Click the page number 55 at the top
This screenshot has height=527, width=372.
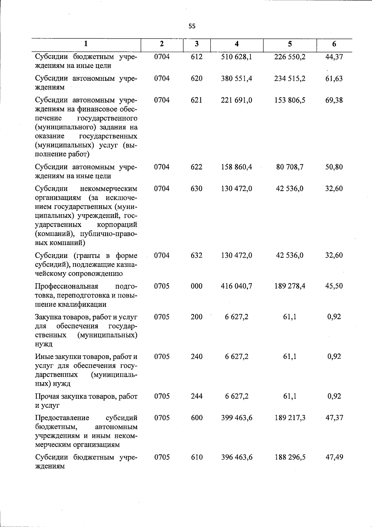[x=192, y=26]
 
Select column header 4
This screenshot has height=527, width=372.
[x=237, y=44]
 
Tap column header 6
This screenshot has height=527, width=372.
[x=334, y=44]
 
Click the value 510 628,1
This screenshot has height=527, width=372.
[x=237, y=57]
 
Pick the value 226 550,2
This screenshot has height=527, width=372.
[x=290, y=57]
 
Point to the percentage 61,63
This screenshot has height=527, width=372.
[x=334, y=79]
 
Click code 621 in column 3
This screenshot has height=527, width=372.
[x=197, y=100]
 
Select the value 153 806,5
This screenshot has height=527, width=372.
[x=290, y=100]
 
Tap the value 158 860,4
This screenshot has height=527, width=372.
[x=237, y=167]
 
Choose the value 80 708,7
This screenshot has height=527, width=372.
[x=290, y=167]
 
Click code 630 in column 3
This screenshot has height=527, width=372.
[x=197, y=189]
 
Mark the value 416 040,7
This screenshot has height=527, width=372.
[x=237, y=286]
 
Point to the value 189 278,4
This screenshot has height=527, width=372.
[x=290, y=286]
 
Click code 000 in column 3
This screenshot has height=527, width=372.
[x=197, y=286]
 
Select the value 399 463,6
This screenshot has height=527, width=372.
[x=237, y=418]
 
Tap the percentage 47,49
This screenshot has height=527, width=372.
[x=334, y=457]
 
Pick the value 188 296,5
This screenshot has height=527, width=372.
[x=290, y=457]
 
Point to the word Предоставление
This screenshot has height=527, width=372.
[x=62, y=418]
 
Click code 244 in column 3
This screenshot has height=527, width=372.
[x=197, y=396]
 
